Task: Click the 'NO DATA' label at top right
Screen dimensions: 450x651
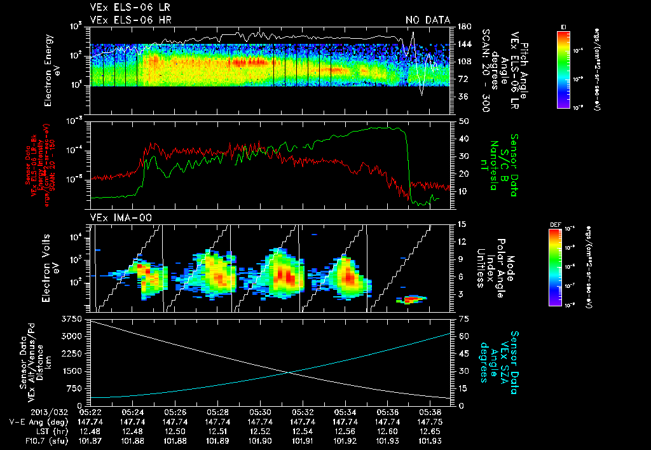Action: [427, 20]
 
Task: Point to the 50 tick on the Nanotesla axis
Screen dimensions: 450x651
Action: [463, 121]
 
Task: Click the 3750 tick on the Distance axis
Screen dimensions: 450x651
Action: [73, 318]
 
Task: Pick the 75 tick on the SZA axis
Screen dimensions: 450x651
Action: [463, 318]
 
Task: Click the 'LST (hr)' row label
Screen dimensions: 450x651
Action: [29, 430]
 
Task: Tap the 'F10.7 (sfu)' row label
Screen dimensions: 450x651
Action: [24, 440]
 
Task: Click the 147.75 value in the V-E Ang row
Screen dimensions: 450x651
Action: [429, 421]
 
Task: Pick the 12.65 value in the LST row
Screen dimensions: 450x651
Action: [429, 430]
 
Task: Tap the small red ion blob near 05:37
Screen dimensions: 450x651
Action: [413, 297]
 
